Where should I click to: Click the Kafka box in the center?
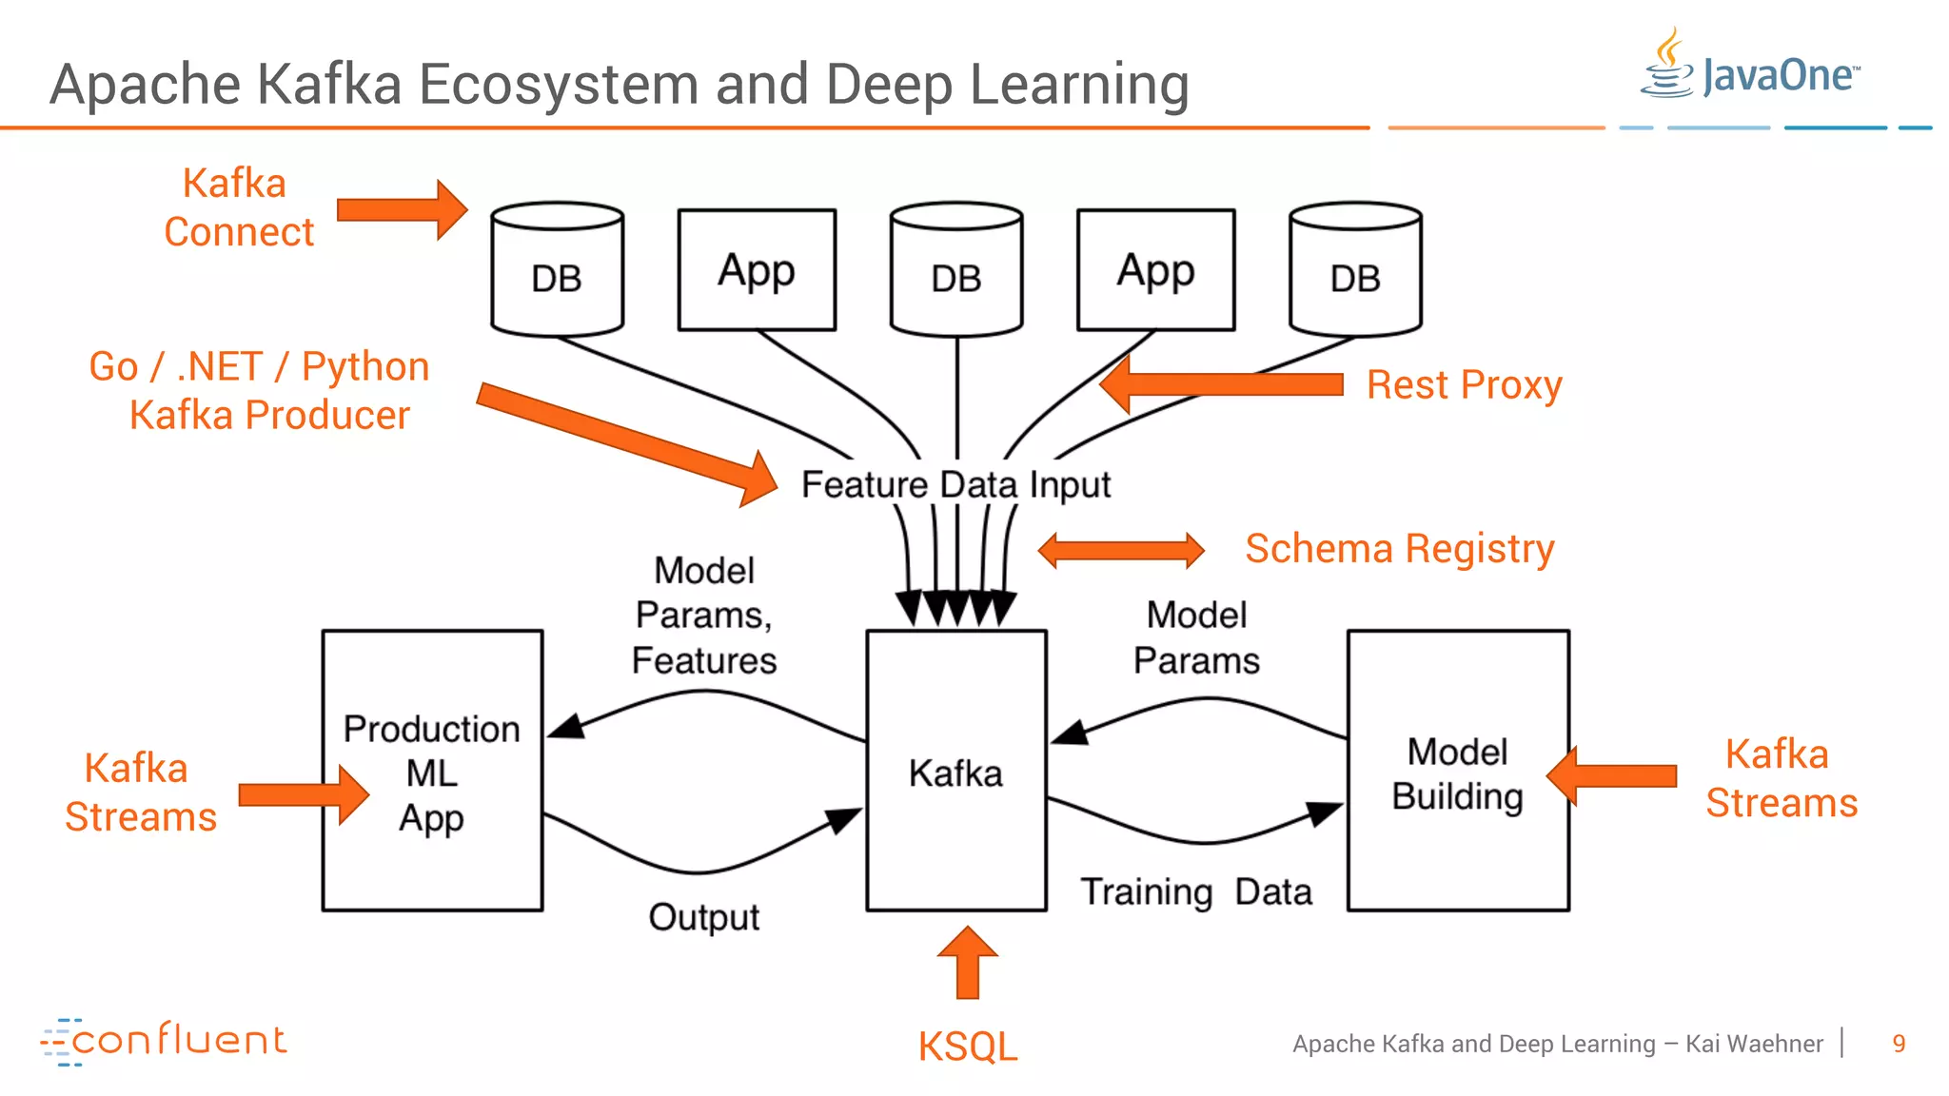coord(955,771)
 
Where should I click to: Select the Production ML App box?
coord(432,771)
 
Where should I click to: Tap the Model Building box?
coord(1457,771)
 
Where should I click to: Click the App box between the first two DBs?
coord(757,270)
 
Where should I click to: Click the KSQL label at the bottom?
coord(967,1047)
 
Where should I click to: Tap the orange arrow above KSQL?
coord(967,963)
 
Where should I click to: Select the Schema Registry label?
coord(1399,549)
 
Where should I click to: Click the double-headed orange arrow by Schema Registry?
coord(1121,550)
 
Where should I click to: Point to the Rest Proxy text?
coord(1464,385)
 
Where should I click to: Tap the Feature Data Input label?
coord(955,484)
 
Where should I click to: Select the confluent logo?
coord(164,1041)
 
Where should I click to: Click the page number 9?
coord(1899,1044)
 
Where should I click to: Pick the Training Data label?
coord(1195,892)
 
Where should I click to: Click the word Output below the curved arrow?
coord(703,917)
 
